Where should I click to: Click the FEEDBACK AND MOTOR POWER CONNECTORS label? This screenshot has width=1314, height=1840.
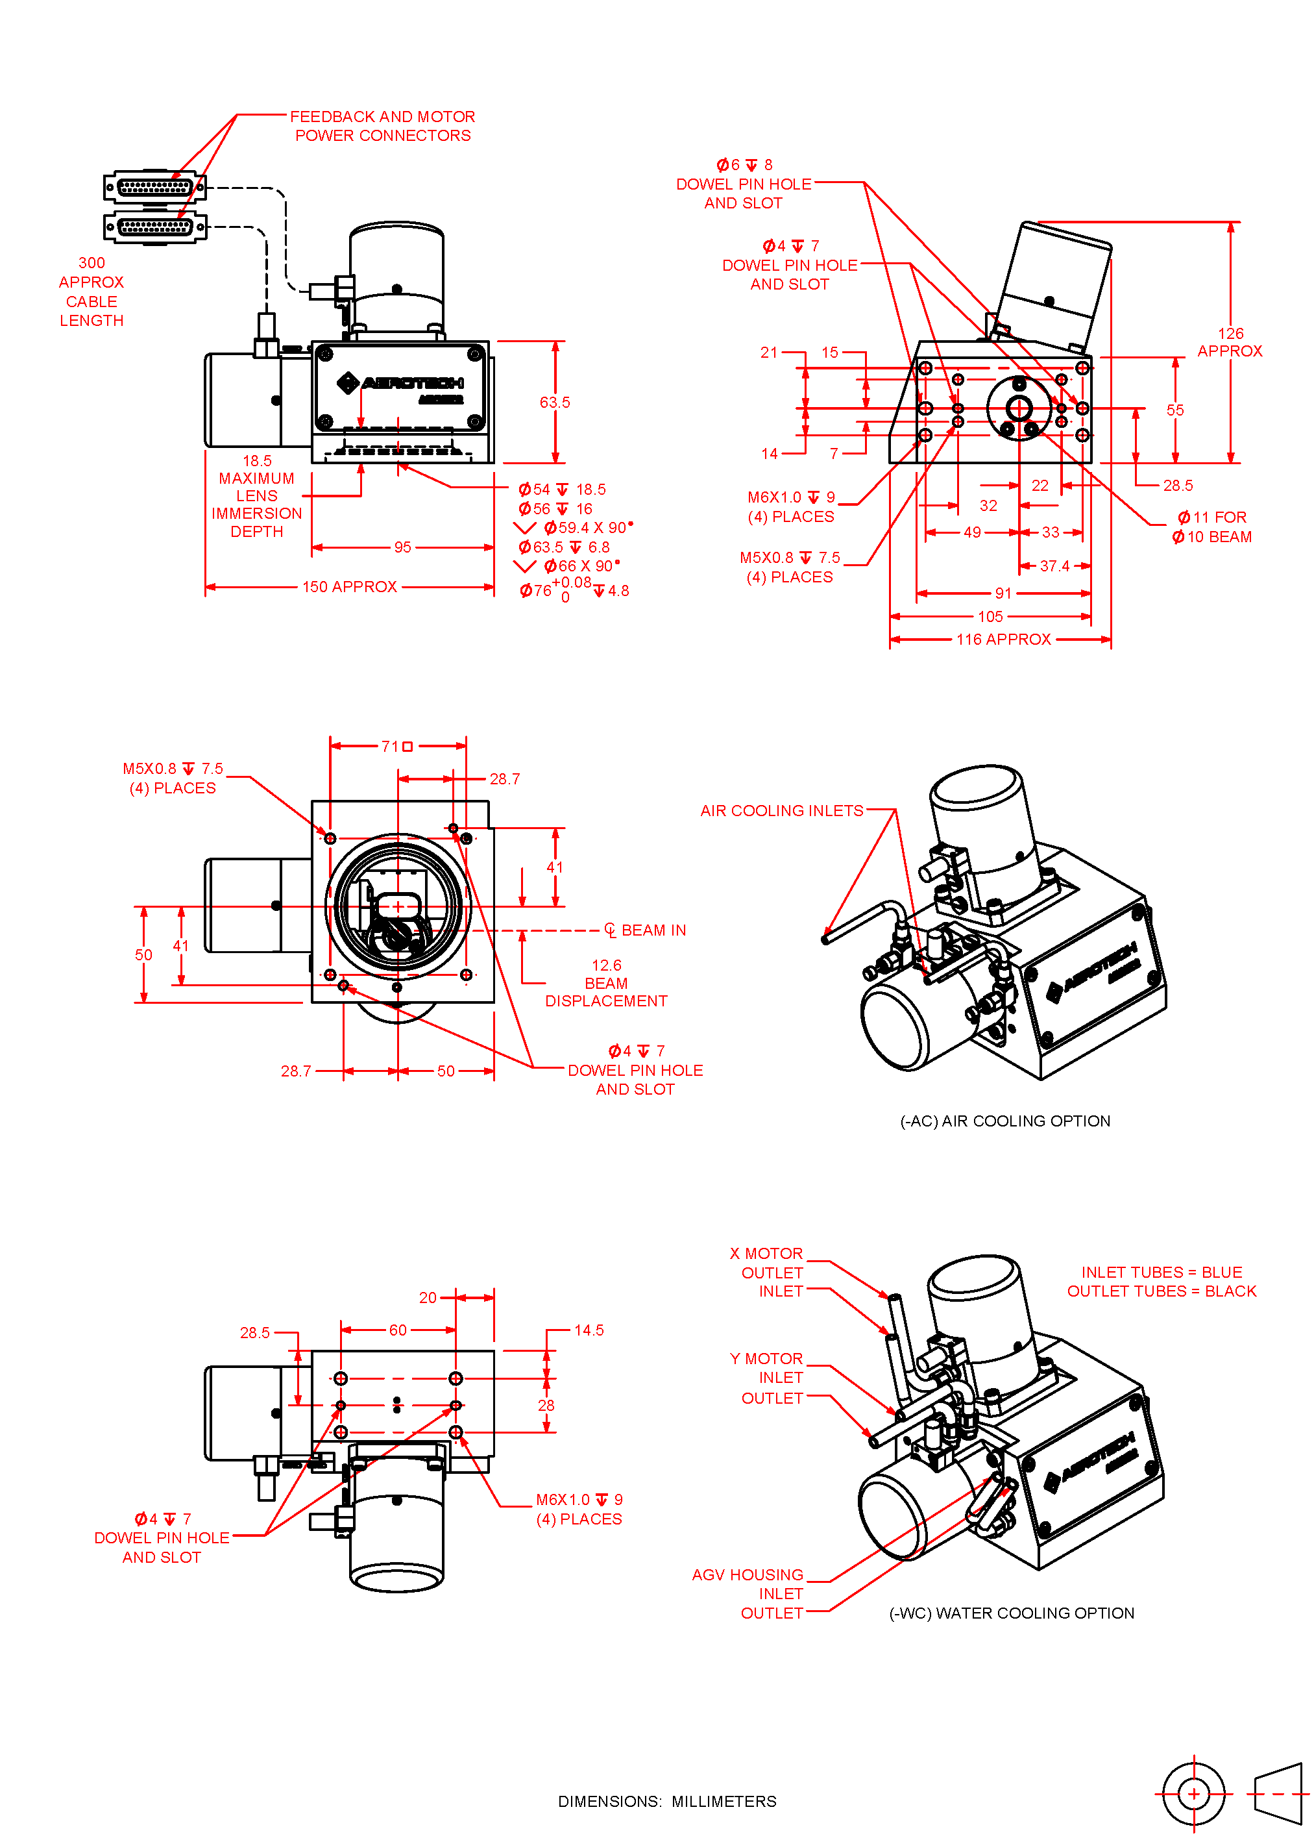tap(382, 127)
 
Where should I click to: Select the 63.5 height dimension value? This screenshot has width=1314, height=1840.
tap(554, 403)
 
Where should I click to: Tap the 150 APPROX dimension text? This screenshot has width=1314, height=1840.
tap(350, 587)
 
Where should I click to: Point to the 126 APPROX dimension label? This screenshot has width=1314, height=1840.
tap(1230, 342)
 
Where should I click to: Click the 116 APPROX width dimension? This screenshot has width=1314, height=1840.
tap(1003, 640)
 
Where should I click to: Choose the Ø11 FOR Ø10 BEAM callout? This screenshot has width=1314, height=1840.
tap(1212, 527)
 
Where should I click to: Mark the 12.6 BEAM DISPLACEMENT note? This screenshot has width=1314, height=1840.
tap(606, 983)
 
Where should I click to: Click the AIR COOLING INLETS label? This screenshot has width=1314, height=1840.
tap(782, 810)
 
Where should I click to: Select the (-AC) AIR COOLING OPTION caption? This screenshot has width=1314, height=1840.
tap(1005, 1121)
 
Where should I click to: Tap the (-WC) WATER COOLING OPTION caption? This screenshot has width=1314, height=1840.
tap(1012, 1613)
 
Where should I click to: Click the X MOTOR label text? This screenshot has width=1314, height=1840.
tap(766, 1253)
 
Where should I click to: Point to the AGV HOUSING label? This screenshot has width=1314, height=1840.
tap(748, 1574)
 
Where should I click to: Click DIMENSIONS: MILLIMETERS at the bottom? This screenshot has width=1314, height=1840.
tap(666, 1801)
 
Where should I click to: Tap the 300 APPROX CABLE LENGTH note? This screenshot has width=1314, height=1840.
tap(91, 292)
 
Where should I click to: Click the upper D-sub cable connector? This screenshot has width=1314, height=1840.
tap(154, 188)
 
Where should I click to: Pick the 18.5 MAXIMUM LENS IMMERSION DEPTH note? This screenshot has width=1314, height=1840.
tap(256, 496)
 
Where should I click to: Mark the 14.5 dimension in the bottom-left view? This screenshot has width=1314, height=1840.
tap(589, 1330)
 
